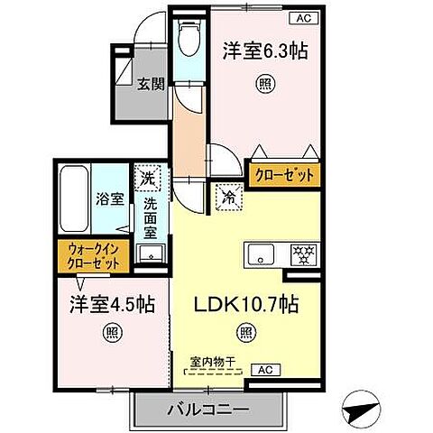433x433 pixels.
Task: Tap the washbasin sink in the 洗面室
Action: tap(149, 253)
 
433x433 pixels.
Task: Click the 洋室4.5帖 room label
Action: tap(103, 303)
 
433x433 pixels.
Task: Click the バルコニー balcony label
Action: tap(207, 410)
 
